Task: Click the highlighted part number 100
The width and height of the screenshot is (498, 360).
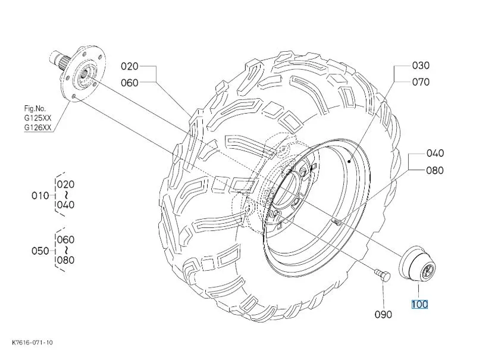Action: tap(419, 305)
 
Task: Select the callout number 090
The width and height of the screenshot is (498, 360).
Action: tap(383, 315)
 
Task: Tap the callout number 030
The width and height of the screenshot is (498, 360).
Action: tap(421, 65)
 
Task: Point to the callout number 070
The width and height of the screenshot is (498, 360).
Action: tap(421, 82)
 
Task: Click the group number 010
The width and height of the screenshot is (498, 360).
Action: tap(40, 195)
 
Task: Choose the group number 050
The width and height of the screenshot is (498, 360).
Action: tap(40, 251)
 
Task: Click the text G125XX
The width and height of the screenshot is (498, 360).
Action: tap(38, 118)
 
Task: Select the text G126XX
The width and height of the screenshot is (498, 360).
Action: tap(38, 127)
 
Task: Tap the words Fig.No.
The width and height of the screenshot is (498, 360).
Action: tap(35, 108)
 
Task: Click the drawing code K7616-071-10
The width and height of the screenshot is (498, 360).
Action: tap(32, 342)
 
